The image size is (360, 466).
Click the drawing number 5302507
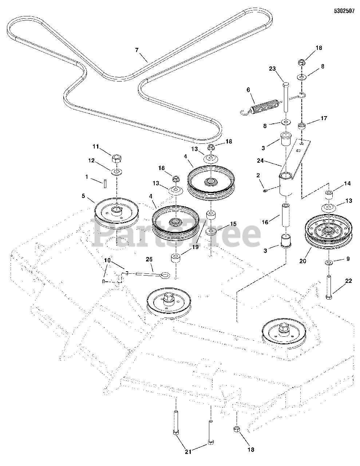point(344,11)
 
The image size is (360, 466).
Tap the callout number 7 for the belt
point(137,50)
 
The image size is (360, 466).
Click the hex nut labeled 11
point(115,159)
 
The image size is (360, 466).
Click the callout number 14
point(347,184)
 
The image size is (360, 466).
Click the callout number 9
point(347,259)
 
